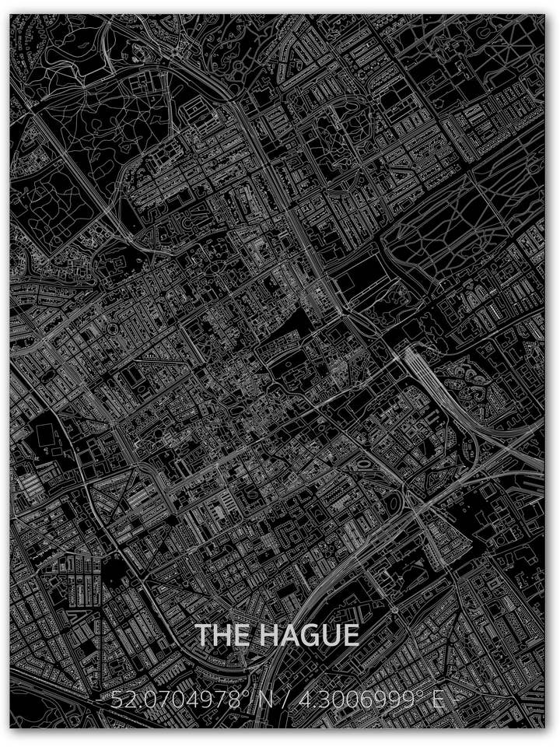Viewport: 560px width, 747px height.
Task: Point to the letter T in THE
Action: point(202,635)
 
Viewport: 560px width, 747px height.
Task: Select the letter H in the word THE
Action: point(221,635)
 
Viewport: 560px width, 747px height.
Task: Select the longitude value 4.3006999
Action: point(358,700)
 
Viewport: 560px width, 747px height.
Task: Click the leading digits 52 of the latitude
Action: point(121,700)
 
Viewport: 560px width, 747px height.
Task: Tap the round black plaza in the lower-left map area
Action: point(114,574)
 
